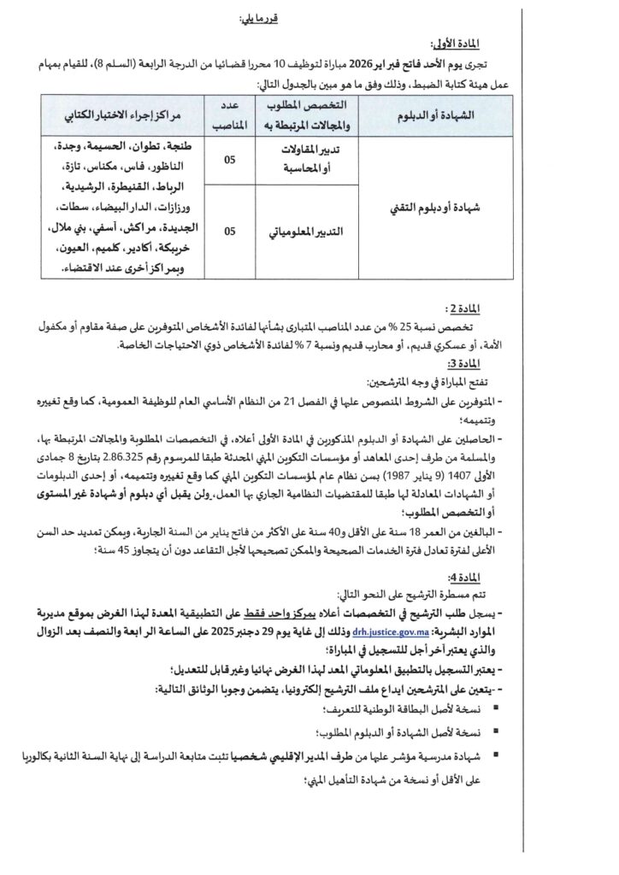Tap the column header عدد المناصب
pos(223,114)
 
